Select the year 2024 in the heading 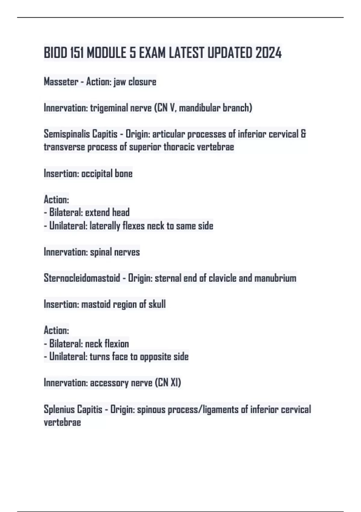269,53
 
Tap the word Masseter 61,82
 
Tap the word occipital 97,174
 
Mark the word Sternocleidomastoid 82,278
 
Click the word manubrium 275,278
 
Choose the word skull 157,304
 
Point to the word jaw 120,82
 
